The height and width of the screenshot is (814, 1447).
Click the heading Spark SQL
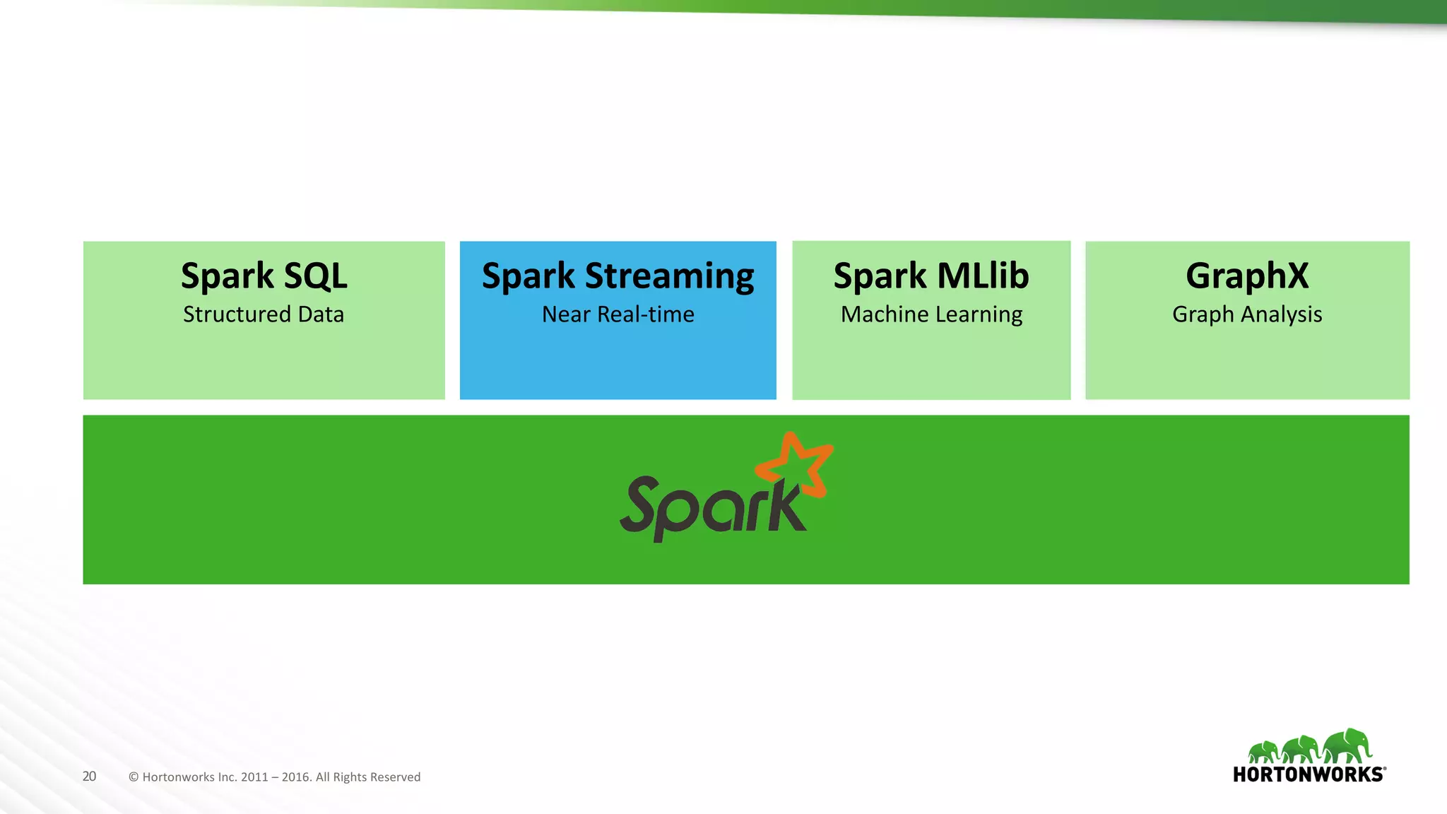click(264, 276)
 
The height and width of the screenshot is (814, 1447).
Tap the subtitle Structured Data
click(264, 314)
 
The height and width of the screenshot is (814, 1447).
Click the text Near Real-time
click(618, 314)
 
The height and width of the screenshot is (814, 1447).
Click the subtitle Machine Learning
click(931, 315)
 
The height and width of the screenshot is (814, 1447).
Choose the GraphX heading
click(1247, 276)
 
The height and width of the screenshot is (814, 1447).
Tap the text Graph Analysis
click(1247, 315)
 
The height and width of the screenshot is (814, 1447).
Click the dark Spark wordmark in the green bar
click(710, 506)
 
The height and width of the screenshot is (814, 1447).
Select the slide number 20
click(89, 777)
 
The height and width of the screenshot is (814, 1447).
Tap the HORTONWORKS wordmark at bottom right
click(1309, 774)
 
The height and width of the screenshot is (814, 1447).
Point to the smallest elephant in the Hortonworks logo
click(1264, 752)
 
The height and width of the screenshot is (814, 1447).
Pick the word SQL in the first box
click(315, 276)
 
